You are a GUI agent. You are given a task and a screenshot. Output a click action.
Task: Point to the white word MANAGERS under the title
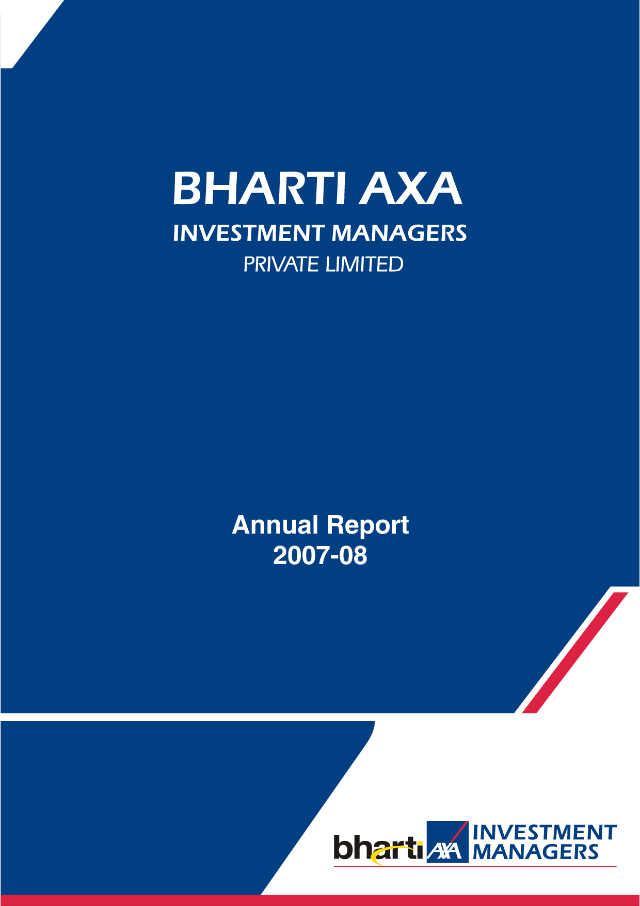(x=399, y=233)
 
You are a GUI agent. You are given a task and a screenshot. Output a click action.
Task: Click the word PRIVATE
(x=281, y=264)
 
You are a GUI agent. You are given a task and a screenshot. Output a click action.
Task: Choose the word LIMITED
(x=364, y=264)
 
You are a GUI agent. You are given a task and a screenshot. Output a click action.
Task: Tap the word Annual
(x=275, y=525)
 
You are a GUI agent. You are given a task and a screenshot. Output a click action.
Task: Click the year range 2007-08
(x=320, y=556)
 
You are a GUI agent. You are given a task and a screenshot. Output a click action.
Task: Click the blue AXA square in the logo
(x=447, y=841)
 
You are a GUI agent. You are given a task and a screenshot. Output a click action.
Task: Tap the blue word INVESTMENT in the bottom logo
(x=545, y=832)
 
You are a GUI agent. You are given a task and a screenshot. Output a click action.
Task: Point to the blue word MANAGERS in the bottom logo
(x=535, y=852)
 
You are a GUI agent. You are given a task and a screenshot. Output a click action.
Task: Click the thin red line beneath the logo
(x=475, y=867)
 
